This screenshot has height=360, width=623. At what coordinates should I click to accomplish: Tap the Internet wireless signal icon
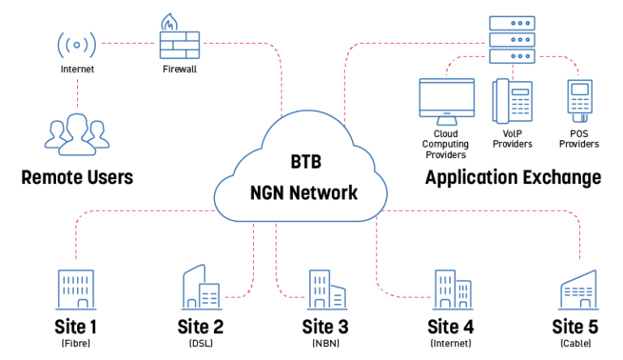click(x=77, y=44)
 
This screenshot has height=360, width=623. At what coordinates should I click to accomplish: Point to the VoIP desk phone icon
click(x=511, y=101)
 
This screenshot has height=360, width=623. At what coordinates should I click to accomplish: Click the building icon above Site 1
click(x=77, y=289)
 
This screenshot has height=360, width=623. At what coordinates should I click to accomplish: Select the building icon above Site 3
click(x=325, y=289)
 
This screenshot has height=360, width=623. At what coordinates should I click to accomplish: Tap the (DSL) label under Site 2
click(x=200, y=344)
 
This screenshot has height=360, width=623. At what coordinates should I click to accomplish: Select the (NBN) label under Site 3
click(x=325, y=344)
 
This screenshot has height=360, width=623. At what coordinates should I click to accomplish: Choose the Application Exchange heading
click(x=513, y=178)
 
